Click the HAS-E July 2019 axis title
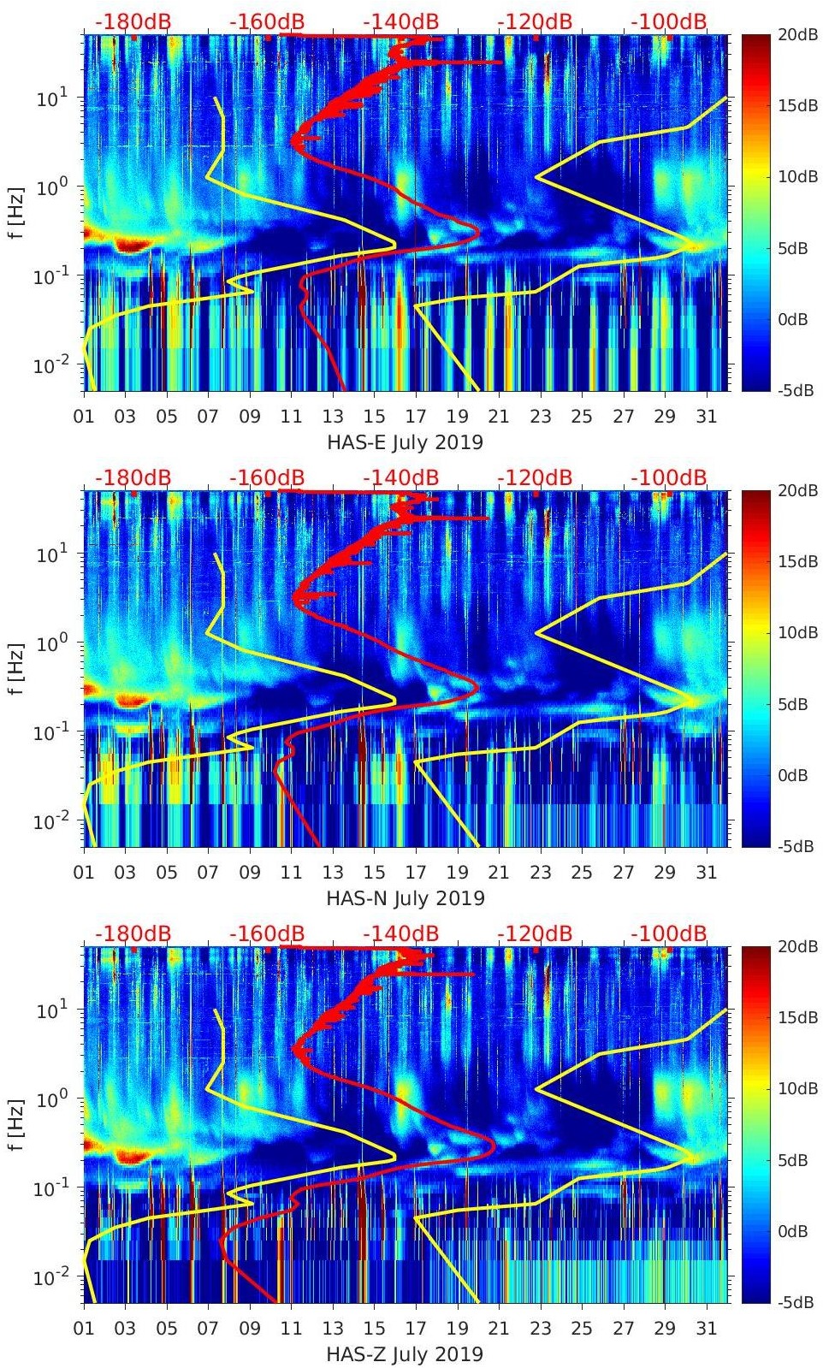click(405, 443)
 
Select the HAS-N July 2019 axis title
click(406, 899)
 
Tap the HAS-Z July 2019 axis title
click(405, 1355)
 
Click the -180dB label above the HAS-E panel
click(133, 22)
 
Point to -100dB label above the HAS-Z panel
click(669, 934)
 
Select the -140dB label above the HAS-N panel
click(400, 478)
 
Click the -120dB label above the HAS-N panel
click(535, 478)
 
